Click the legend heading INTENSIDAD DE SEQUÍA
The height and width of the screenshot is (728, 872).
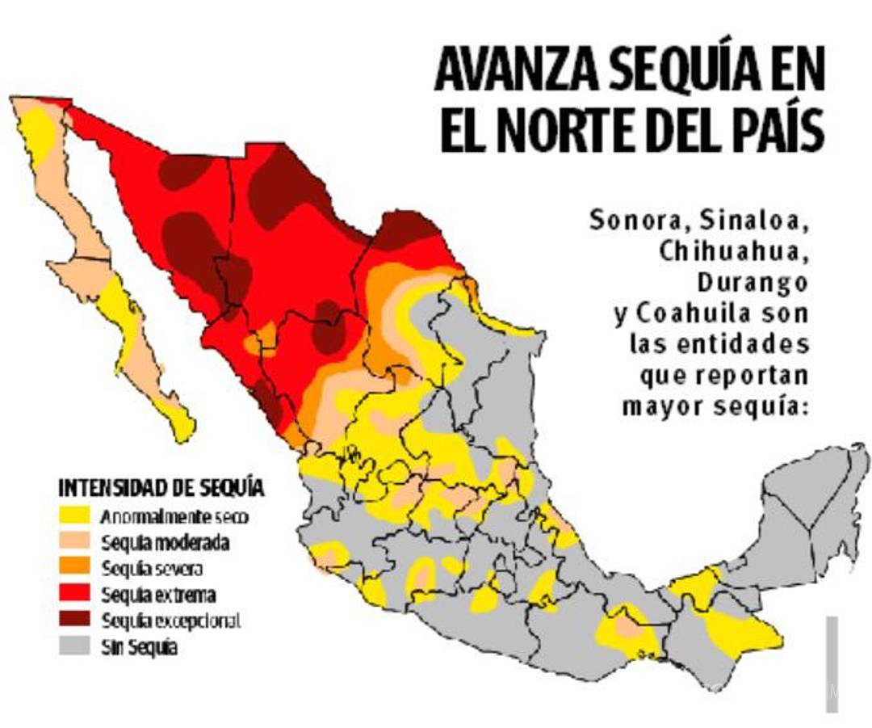(x=161, y=488)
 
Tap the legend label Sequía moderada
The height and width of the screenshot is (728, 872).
(x=165, y=542)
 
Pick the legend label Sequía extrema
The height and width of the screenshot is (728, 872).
(x=158, y=595)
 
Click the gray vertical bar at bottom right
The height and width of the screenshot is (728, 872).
(x=832, y=663)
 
